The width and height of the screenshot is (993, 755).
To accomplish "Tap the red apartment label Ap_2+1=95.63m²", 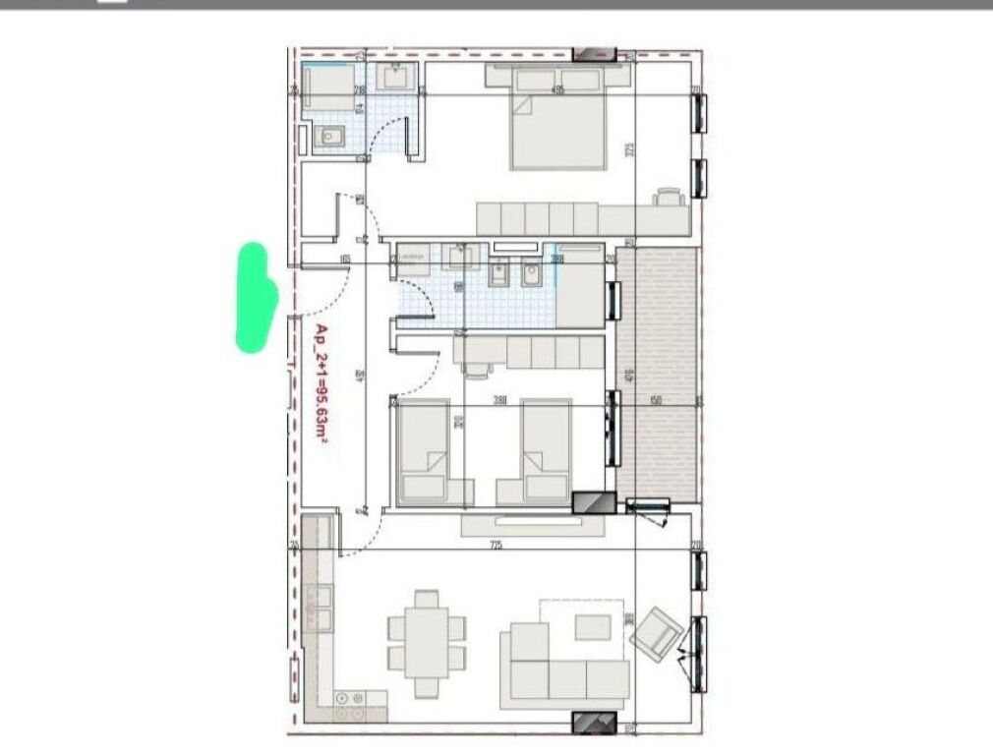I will click(321, 386).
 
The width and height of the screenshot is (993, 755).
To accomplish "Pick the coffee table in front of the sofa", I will click(592, 626).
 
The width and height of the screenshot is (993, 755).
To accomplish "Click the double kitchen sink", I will click(318, 608).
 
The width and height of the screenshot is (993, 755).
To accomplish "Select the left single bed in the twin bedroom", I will click(426, 451).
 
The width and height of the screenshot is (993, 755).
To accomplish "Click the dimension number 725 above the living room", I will click(496, 545).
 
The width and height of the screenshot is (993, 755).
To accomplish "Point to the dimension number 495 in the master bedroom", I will click(557, 90).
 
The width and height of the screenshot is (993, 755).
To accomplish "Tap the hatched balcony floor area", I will click(659, 374).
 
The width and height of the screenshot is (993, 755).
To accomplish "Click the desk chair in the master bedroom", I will click(669, 197).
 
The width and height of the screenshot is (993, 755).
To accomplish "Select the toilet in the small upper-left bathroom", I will click(329, 137).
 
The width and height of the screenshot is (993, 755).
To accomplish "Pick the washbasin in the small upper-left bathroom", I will click(397, 76).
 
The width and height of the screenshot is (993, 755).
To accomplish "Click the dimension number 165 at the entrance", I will click(345, 260).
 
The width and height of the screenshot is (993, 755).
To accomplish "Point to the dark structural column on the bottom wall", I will click(592, 723).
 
